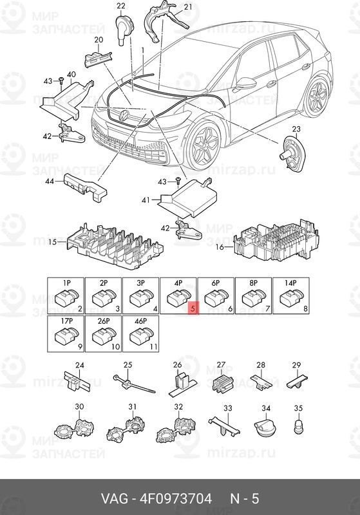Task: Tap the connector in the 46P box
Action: coord(142,336)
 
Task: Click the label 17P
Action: coord(66,321)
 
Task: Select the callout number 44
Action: coord(50,182)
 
